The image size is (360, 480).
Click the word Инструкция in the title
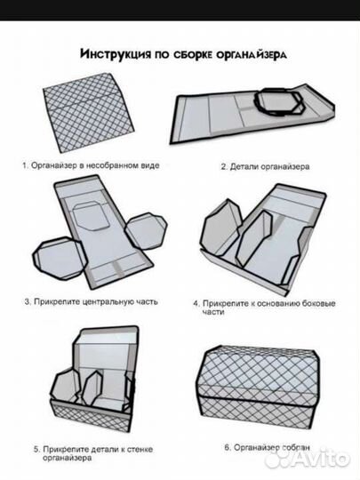(116, 54)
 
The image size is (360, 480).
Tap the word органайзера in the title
(252, 54)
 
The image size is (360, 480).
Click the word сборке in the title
(193, 54)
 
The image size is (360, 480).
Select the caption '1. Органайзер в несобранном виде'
(91, 165)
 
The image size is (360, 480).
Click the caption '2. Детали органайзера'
(265, 166)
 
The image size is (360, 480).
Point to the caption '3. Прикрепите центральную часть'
(92, 301)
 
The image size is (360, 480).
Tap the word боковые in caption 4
(319, 303)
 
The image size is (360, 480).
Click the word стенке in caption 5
(140, 450)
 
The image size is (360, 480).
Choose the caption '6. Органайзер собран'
(268, 447)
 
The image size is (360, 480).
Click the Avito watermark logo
(307, 460)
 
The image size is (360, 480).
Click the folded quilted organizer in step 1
(88, 113)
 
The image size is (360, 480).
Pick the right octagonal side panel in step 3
(146, 231)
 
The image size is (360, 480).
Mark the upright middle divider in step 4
(253, 239)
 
